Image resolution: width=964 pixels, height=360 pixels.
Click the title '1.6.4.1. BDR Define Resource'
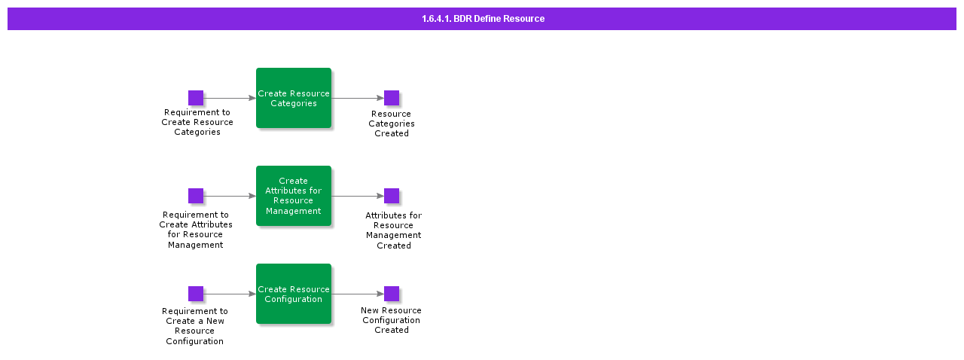click(483, 19)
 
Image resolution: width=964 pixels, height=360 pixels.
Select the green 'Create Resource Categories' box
click(294, 98)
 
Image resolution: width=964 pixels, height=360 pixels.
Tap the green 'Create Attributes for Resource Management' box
click(294, 196)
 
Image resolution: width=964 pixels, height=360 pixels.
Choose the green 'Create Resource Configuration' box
click(294, 294)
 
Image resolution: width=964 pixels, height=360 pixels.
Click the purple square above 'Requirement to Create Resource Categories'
click(196, 98)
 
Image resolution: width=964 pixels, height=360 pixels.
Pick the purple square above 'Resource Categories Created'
click(392, 98)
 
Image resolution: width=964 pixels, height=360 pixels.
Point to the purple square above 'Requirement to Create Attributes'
click(196, 196)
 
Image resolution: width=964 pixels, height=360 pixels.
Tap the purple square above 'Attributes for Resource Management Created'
click(392, 196)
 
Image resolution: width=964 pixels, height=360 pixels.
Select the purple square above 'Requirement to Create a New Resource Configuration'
click(196, 294)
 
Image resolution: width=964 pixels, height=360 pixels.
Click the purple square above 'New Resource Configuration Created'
click(392, 294)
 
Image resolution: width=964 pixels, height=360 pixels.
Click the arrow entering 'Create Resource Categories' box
click(230, 98)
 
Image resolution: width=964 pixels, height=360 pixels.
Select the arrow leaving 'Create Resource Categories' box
click(358, 98)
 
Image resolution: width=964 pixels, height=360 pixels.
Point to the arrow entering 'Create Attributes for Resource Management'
click(230, 196)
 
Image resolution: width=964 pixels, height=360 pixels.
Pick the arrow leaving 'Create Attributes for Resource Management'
click(358, 196)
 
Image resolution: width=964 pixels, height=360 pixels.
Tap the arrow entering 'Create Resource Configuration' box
click(230, 294)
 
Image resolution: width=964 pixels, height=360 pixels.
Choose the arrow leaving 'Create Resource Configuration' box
click(358, 294)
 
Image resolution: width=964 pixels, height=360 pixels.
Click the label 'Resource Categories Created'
click(392, 124)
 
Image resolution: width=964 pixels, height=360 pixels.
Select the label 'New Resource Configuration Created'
click(392, 320)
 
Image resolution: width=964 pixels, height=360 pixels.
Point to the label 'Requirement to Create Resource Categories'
click(197, 122)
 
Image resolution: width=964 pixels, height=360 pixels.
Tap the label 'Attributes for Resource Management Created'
click(393, 230)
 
